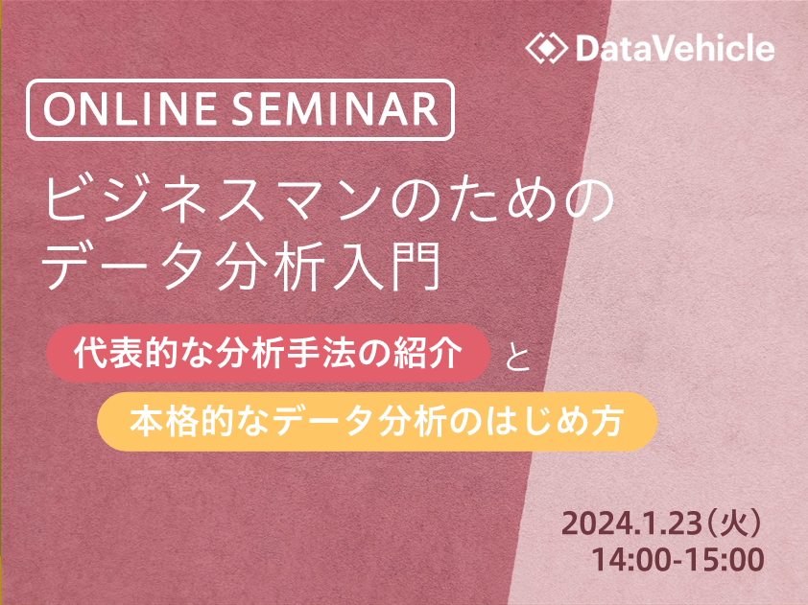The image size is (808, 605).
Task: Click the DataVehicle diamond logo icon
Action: pos(547,48)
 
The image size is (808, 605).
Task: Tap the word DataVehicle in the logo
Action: pos(675,48)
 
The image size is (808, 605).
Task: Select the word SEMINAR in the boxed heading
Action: pos(335,109)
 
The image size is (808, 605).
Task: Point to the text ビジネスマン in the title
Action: pos(213,200)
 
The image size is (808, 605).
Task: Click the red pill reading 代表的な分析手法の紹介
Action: pos(268,353)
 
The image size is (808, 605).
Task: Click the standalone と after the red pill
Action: pos(517,357)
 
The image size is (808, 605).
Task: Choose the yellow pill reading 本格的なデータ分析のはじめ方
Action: pos(377,422)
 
